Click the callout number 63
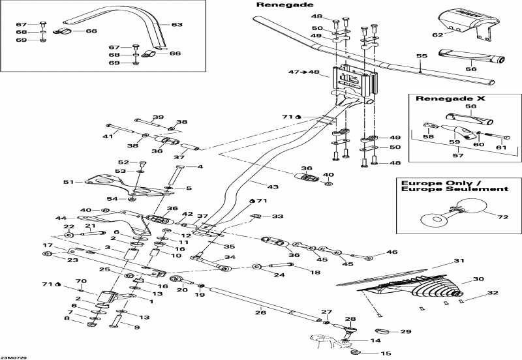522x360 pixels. pyautogui.click(x=177, y=25)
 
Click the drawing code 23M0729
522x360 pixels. pyautogui.click(x=14, y=356)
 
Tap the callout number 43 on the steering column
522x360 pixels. pyautogui.click(x=273, y=187)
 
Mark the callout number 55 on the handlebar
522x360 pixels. pyautogui.click(x=421, y=57)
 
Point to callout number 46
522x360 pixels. pyautogui.click(x=391, y=252)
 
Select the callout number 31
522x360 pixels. pyautogui.click(x=459, y=261)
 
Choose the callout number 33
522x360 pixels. pyautogui.click(x=278, y=216)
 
